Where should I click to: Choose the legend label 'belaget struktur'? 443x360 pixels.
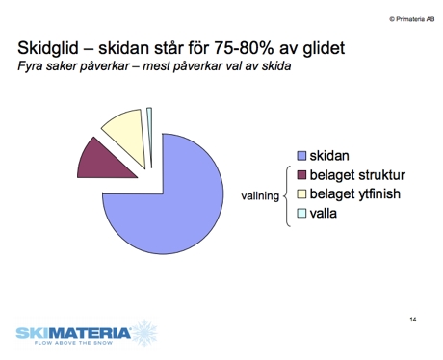357,174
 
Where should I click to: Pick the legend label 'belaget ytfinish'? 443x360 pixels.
355,193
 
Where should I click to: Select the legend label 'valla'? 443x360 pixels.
323,213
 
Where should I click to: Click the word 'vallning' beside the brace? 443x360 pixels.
259,196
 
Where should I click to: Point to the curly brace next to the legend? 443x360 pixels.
287,195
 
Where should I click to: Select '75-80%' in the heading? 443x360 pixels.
231,47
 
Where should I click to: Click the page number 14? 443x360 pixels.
411,318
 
